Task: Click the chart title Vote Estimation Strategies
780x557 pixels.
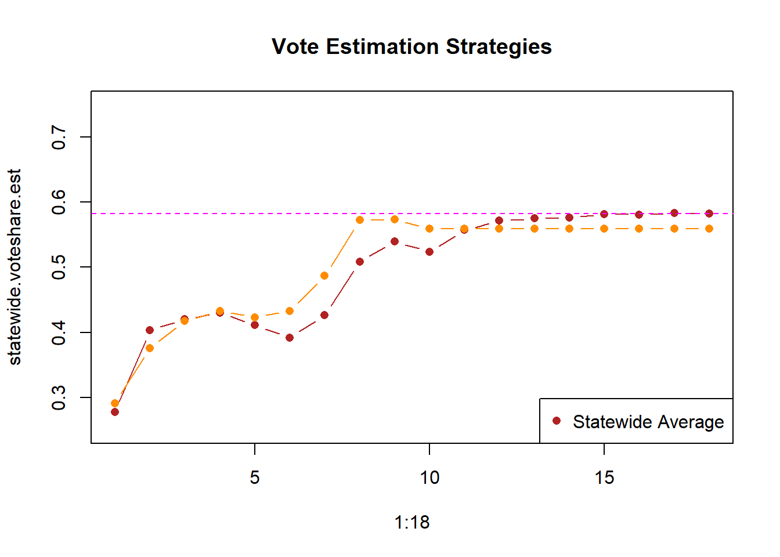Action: pyautogui.click(x=411, y=46)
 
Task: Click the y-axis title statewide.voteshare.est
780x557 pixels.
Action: pyautogui.click(x=15, y=267)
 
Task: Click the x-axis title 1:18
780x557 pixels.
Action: pyautogui.click(x=411, y=522)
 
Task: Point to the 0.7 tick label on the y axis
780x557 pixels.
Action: pyautogui.click(x=59, y=137)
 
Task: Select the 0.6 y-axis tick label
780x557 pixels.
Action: pyautogui.click(x=59, y=202)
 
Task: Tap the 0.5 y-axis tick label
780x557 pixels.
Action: pyautogui.click(x=59, y=267)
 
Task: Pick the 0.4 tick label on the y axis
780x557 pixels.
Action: pyautogui.click(x=59, y=332)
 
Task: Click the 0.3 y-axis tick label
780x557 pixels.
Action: pyautogui.click(x=59, y=397)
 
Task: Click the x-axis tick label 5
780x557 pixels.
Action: pyautogui.click(x=255, y=478)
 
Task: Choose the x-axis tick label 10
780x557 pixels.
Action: pyautogui.click(x=429, y=478)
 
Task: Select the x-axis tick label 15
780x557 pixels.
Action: pyautogui.click(x=604, y=478)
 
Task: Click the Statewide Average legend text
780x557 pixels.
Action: pyautogui.click(x=648, y=422)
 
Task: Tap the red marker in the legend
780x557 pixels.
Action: pyautogui.click(x=557, y=421)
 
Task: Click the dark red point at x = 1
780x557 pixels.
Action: pyautogui.click(x=115, y=412)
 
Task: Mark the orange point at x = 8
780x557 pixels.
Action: pyautogui.click(x=360, y=220)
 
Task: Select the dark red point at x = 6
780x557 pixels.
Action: pyautogui.click(x=290, y=338)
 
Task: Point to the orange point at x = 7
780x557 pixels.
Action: pyautogui.click(x=324, y=276)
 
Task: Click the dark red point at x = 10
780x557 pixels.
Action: pyautogui.click(x=429, y=252)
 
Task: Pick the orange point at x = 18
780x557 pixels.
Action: pyautogui.click(x=709, y=229)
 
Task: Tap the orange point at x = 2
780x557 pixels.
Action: pyautogui.click(x=150, y=348)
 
